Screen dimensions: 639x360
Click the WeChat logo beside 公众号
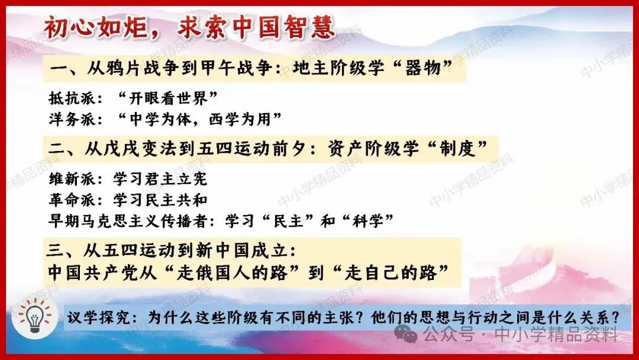point(406,335)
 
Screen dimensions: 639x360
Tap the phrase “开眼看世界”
point(167,98)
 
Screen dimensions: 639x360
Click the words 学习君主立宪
point(160,179)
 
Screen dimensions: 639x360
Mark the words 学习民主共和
point(160,200)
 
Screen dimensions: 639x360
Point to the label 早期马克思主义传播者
point(128,221)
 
